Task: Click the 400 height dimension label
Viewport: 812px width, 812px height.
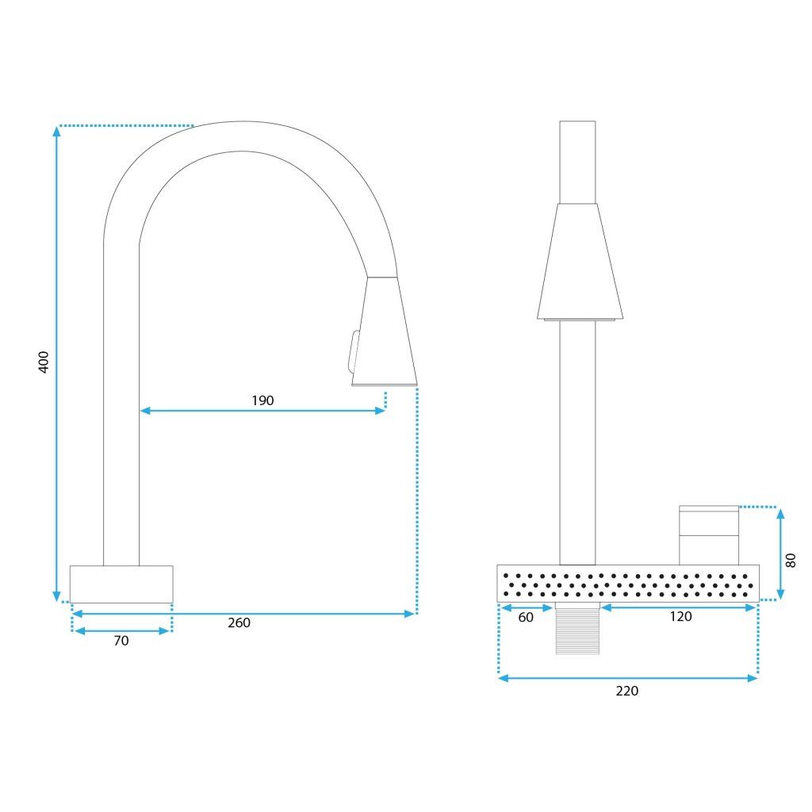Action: (44, 362)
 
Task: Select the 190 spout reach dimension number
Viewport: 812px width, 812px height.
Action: (262, 400)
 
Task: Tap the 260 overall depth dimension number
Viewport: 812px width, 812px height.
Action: (239, 622)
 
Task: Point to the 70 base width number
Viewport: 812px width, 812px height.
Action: (121, 641)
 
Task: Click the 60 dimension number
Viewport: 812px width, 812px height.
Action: (526, 618)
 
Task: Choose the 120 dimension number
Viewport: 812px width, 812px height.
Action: (680, 617)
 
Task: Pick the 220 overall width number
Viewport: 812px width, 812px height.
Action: (626, 691)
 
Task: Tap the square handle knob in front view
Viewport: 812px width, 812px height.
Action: (708, 534)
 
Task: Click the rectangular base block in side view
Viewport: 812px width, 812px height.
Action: (121, 584)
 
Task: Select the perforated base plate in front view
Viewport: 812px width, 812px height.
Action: (627, 584)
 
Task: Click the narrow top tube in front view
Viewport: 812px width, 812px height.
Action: (577, 162)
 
